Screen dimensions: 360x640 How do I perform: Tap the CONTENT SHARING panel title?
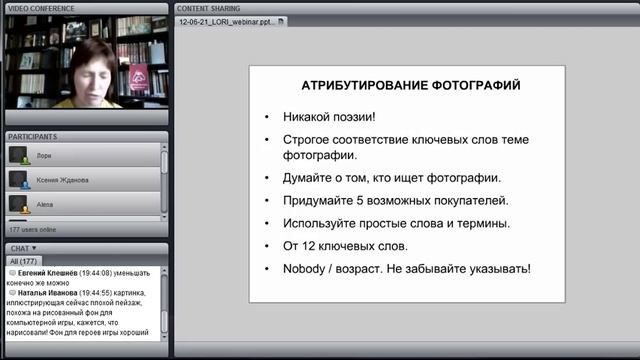coord(210,7)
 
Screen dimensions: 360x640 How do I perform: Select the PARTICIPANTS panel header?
coord(32,135)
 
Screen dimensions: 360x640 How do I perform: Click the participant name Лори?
coord(43,156)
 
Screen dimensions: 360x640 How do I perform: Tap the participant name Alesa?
coord(45,203)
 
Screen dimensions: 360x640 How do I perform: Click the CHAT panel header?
coord(22,247)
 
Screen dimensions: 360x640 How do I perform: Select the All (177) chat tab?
coord(24,260)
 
